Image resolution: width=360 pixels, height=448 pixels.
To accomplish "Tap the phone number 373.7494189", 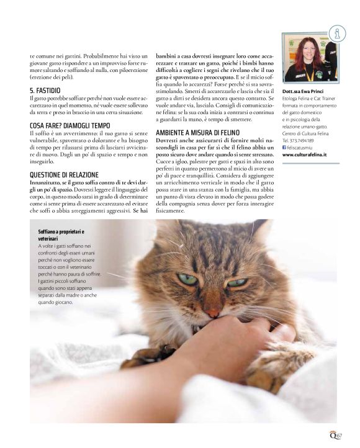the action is coord(310,140).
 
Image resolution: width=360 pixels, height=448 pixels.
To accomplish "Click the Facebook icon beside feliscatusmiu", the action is coord(284,148).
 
